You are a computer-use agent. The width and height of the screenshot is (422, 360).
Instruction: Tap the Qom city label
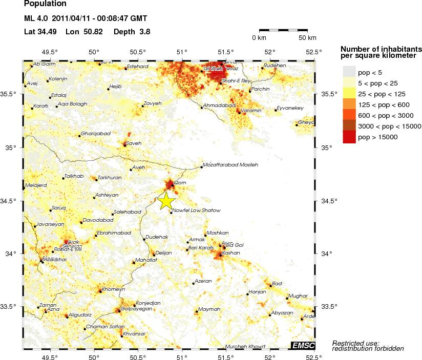pos(180,182)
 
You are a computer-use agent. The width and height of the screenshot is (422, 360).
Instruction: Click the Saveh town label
pos(133,143)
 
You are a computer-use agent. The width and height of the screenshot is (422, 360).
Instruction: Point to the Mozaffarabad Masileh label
pos(230,165)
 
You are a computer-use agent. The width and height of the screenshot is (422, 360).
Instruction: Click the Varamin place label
pos(251,111)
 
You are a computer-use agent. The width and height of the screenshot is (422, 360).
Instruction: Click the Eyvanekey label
pos(290,108)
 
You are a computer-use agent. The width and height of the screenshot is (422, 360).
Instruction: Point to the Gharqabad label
pos(96,134)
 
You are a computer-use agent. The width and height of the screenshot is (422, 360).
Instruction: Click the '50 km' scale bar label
pos(307,38)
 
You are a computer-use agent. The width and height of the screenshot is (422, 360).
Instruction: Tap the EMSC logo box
pos(303,346)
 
